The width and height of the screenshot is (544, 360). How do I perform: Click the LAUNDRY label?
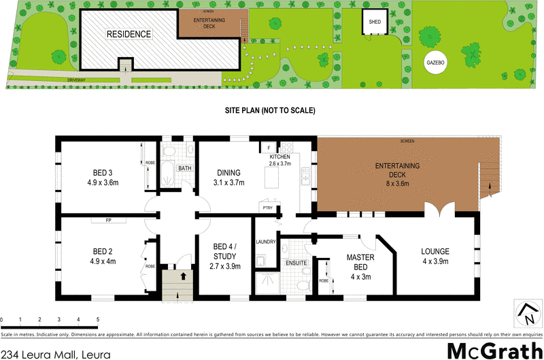point(265,242)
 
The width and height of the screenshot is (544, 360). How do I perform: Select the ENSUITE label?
point(296,263)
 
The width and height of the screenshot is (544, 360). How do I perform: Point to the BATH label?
point(184,168)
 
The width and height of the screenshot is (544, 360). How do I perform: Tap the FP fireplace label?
point(108,220)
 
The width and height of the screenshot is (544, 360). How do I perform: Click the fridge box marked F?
point(269,148)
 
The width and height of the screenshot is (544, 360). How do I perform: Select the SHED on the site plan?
point(375,21)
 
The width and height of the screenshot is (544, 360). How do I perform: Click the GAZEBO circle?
point(435,62)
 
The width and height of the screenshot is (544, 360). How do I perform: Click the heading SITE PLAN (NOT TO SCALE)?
point(270,110)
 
